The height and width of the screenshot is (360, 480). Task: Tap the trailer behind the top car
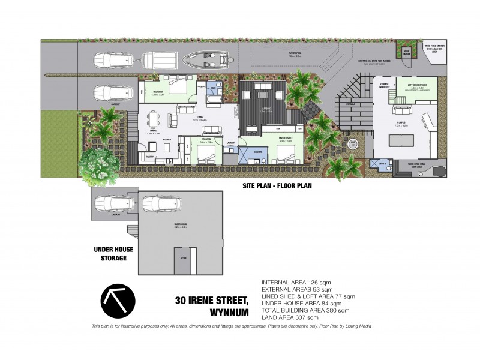coord(155,59)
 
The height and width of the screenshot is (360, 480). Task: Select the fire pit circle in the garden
coord(353,143)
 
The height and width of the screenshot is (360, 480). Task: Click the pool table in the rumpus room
coord(402,140)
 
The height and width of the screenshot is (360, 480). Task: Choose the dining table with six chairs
coord(154,120)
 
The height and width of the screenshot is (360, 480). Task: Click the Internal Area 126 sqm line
coord(296,282)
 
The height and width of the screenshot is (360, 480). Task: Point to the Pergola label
coord(358,104)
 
